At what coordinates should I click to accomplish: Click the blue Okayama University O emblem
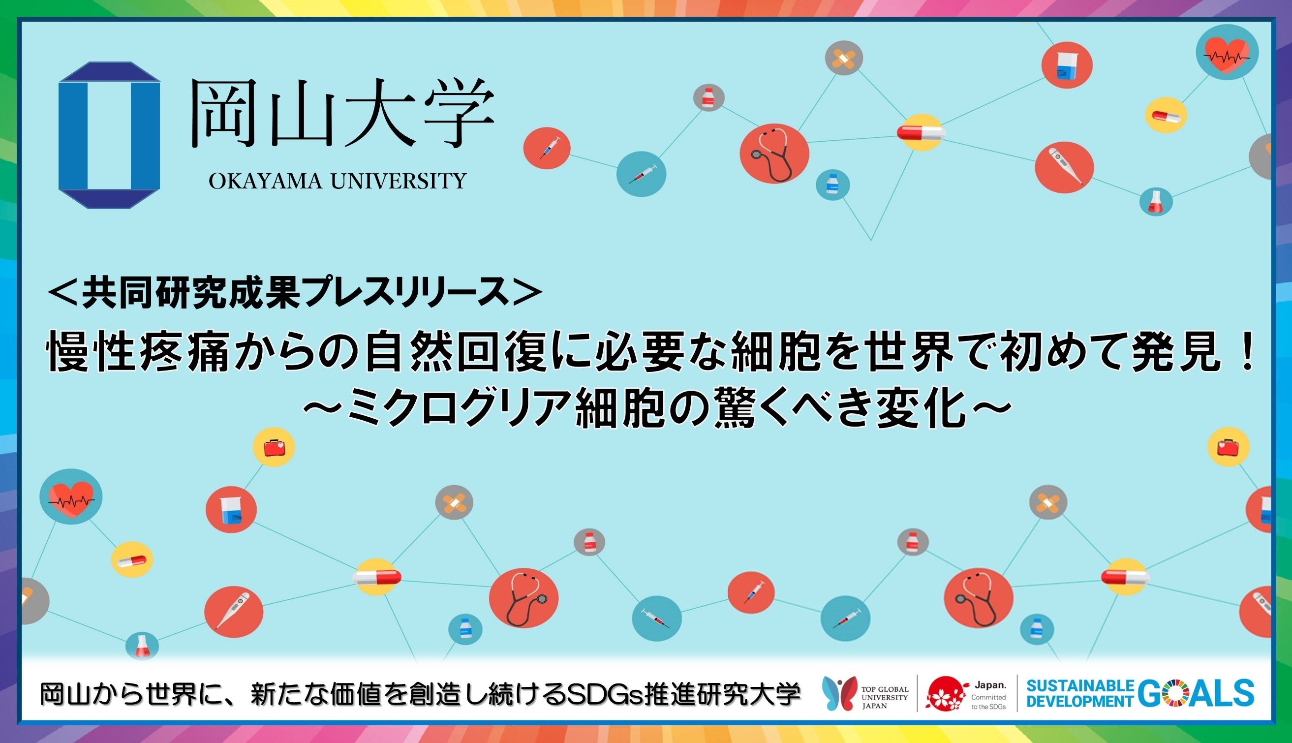pos(109,135)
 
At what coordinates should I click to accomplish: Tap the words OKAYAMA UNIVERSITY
pos(338,181)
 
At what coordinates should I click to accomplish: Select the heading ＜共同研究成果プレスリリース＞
pos(294,293)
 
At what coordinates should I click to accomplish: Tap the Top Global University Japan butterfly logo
pos(839,692)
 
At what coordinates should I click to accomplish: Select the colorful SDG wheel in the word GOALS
pos(1181,693)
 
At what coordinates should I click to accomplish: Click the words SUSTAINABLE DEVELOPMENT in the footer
pos(1079,693)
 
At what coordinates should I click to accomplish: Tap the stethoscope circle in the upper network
pos(774,153)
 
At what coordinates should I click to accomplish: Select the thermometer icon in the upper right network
pos(1064,167)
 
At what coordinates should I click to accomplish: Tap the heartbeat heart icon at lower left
pos(71,496)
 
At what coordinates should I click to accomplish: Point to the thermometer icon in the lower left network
pos(234,611)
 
